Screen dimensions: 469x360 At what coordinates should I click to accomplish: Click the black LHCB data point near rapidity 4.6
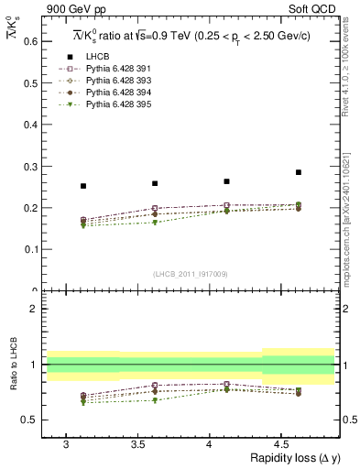(x=298, y=172)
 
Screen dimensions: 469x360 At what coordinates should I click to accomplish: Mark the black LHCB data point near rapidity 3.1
(x=83, y=186)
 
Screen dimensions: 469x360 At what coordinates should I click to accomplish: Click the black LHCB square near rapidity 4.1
(x=226, y=181)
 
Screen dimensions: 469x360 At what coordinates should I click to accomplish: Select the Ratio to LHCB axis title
(x=13, y=366)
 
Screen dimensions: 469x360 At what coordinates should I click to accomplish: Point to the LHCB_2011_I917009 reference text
(x=191, y=274)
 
